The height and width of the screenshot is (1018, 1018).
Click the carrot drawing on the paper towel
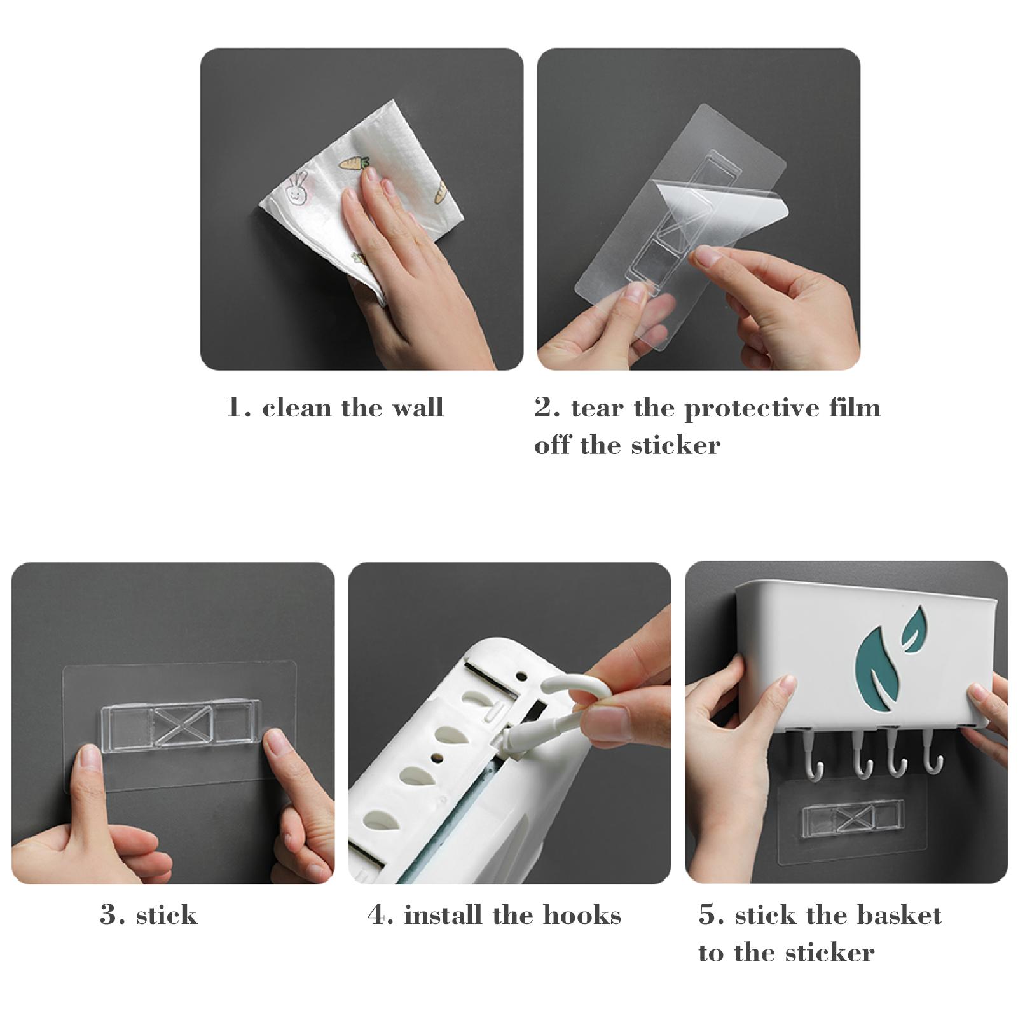tap(354, 163)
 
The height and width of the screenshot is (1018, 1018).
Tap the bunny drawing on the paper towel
tap(297, 188)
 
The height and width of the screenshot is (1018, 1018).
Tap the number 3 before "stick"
tap(109, 915)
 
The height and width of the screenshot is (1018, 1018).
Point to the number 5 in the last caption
tap(708, 915)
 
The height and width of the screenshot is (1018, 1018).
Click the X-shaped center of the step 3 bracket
tap(181, 726)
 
